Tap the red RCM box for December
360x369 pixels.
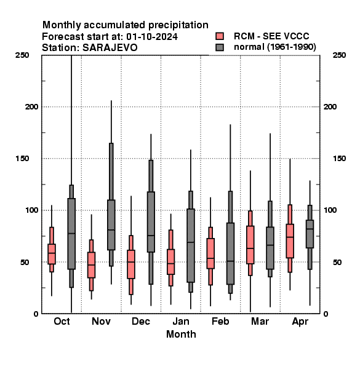131,264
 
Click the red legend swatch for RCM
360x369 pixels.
220,36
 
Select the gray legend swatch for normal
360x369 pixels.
220,47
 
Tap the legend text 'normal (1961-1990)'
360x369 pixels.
274,47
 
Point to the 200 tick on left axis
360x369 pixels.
31,106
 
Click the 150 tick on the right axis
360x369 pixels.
339,159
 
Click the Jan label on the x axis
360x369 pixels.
181,321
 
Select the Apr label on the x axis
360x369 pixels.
300,322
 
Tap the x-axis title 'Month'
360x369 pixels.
181,334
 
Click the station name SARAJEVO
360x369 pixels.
110,48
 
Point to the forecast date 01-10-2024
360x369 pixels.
152,37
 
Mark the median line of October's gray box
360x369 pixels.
71,234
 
